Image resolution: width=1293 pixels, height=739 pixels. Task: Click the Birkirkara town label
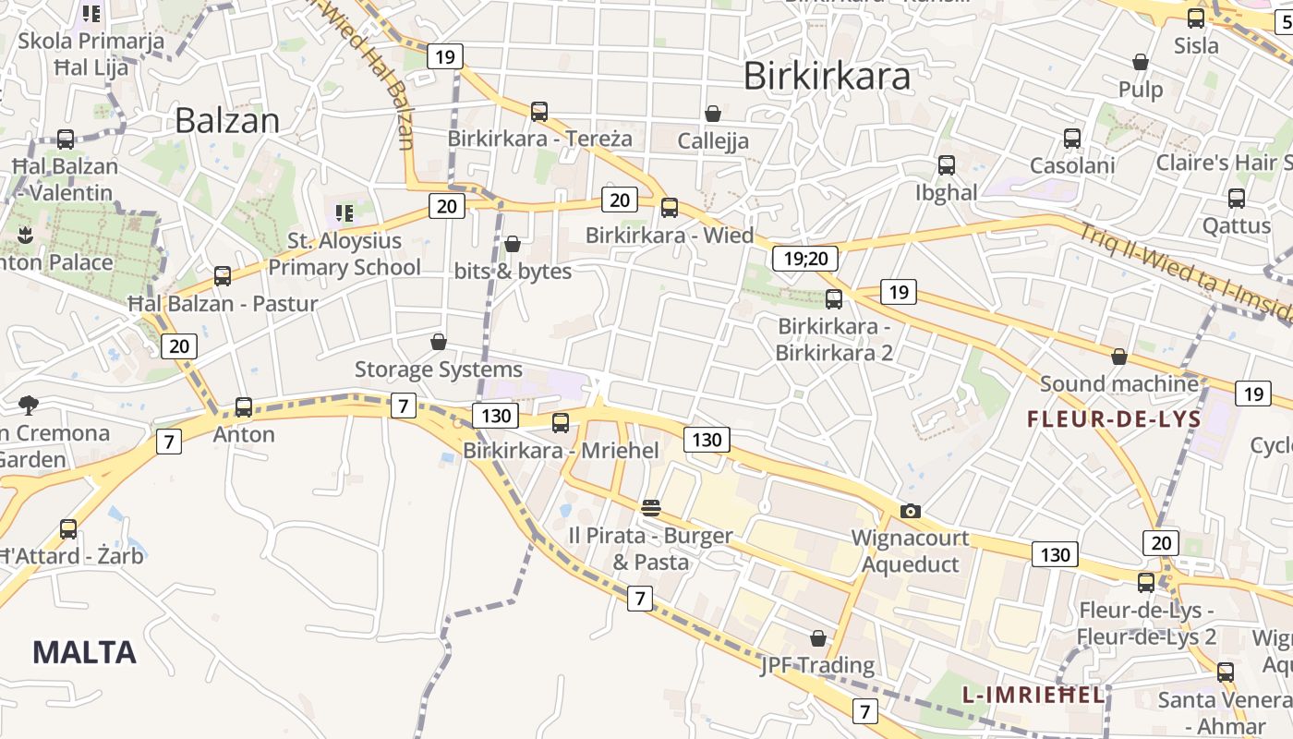[x=827, y=76]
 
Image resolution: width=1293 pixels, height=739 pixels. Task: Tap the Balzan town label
[x=226, y=120]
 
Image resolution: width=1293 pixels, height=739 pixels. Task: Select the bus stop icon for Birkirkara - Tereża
[x=539, y=112]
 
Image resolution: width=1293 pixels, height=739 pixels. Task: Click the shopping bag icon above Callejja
[x=712, y=114]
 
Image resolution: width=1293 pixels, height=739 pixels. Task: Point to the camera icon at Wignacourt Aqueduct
[x=911, y=511]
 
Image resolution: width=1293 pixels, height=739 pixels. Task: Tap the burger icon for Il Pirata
[x=651, y=507]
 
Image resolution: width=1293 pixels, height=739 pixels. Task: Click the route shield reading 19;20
[x=804, y=259]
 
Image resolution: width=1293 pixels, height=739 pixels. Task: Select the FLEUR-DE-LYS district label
[x=1114, y=419]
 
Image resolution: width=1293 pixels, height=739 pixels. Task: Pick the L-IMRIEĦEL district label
[x=1033, y=695]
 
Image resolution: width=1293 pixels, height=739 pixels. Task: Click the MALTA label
[x=84, y=652]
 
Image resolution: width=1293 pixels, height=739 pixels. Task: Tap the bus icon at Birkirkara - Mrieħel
[x=561, y=423]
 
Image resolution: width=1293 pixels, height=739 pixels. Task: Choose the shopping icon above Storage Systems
[x=439, y=342]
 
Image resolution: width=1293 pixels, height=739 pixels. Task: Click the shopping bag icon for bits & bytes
[x=513, y=244]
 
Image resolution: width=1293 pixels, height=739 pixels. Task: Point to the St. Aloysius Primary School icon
[x=344, y=213]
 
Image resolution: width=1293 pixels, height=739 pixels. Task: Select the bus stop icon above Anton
[x=244, y=406]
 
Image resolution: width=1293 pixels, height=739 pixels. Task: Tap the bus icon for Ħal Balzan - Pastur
[x=223, y=275]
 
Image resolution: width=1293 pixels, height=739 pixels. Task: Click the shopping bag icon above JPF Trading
[x=817, y=638]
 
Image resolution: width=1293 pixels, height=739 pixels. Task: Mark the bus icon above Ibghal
[x=947, y=165]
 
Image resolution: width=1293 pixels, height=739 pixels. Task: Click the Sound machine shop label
[x=1118, y=383]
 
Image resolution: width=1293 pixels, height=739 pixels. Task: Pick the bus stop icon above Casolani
[x=1072, y=139]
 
